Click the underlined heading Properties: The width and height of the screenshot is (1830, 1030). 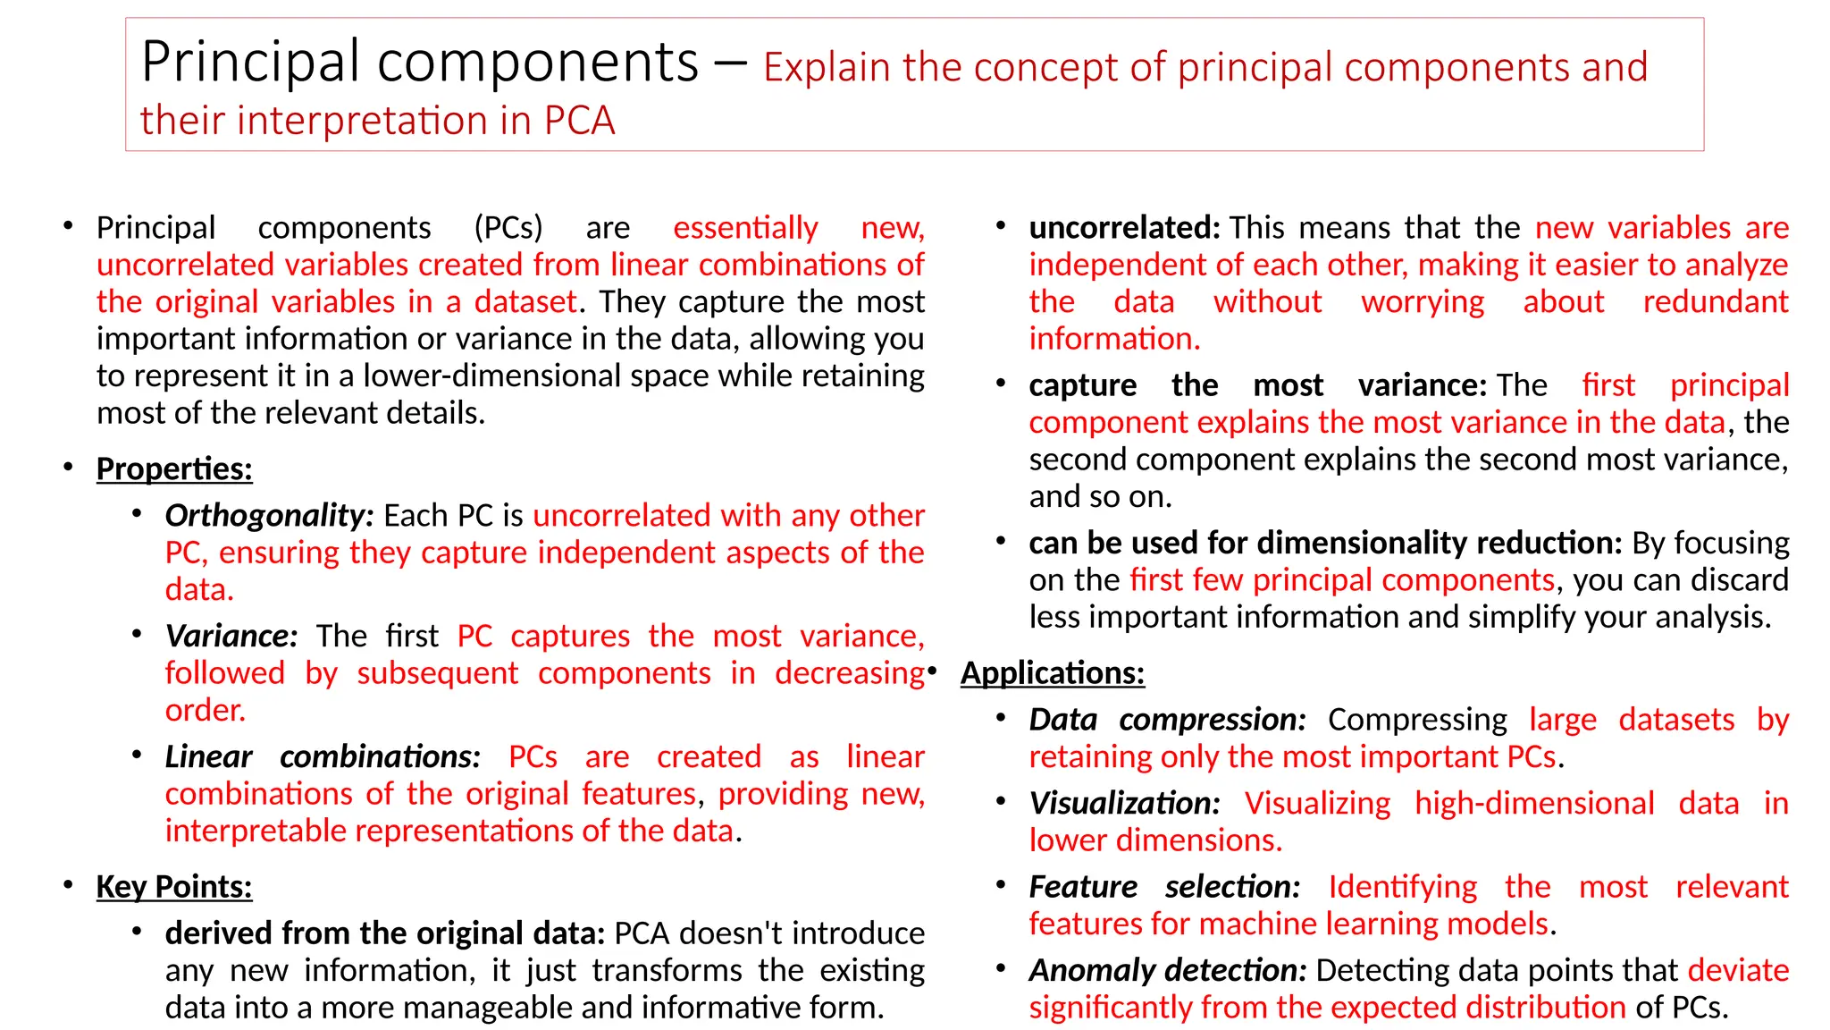174,469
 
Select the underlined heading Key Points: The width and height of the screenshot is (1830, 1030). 174,886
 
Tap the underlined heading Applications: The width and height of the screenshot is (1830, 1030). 1053,672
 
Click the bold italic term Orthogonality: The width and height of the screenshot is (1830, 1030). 269,515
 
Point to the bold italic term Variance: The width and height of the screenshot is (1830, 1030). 231,636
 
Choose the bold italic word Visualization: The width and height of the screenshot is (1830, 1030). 1124,803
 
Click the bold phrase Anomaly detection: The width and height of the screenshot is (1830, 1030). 1167,970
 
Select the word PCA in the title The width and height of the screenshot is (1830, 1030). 579,121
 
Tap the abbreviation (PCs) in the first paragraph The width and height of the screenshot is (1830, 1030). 508,228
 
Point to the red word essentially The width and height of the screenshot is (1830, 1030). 745,228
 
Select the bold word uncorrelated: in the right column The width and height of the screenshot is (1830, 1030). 1124,228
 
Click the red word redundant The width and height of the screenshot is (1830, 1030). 1716,302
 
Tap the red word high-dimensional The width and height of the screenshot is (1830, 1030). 1534,803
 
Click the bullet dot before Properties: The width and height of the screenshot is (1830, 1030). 69,467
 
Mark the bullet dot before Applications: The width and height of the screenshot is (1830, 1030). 932,671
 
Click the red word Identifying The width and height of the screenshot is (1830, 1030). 1402,887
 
